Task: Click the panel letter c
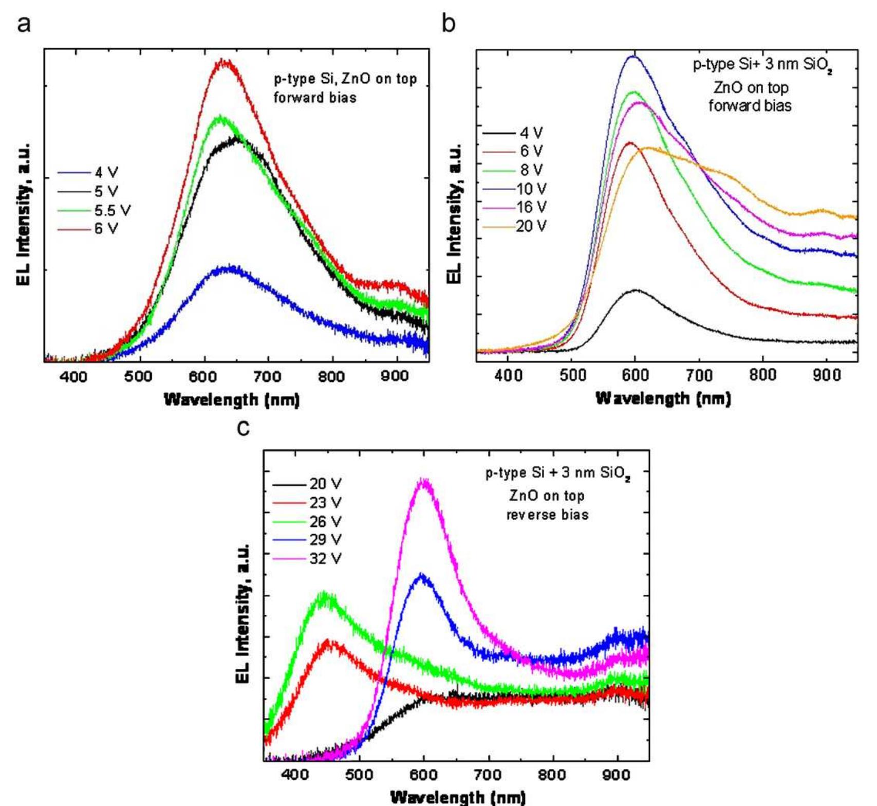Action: click(243, 428)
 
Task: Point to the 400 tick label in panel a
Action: click(73, 377)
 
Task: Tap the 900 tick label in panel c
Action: click(617, 775)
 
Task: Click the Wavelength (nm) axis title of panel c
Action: click(458, 797)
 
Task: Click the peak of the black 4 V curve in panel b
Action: click(637, 290)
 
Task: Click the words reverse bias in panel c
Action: click(547, 515)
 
